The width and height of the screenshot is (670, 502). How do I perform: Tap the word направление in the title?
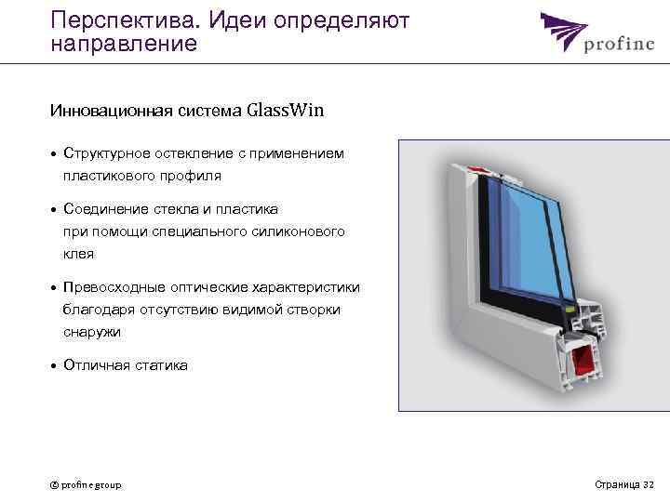point(124,44)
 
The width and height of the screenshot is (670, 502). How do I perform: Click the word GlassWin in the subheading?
point(286,111)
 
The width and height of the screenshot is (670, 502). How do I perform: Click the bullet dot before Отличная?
point(54,365)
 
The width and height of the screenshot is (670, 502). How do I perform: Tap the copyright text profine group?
point(86,484)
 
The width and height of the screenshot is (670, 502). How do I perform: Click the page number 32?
point(649,484)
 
